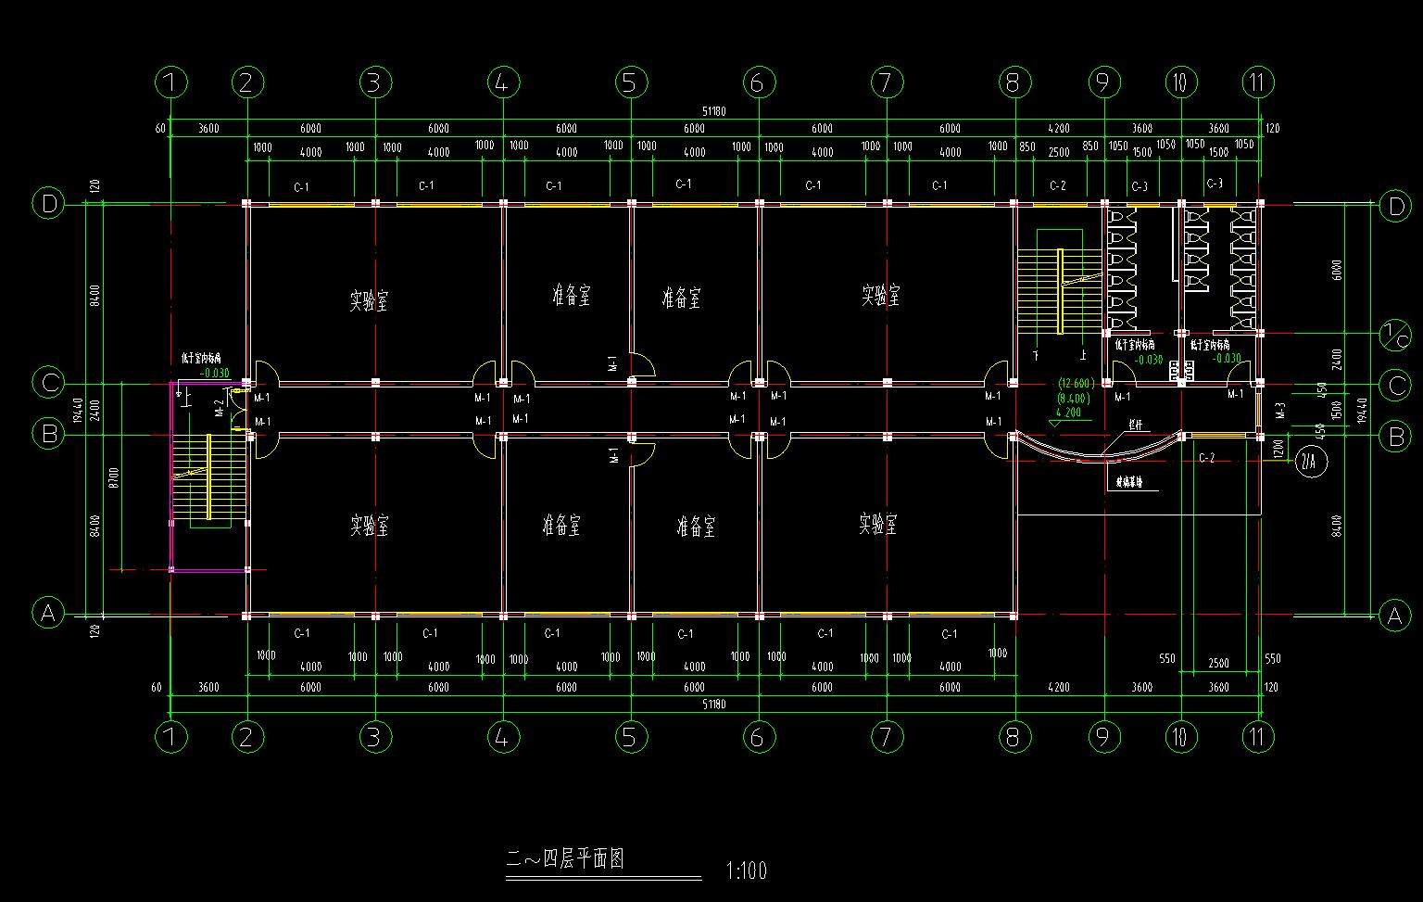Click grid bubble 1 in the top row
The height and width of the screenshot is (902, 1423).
pos(171,83)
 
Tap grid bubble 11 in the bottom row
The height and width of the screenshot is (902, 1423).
pos(1257,737)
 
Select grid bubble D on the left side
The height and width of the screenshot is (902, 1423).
pos(48,203)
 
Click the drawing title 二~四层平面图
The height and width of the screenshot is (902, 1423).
pos(565,859)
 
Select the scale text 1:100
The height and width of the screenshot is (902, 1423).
pos(747,871)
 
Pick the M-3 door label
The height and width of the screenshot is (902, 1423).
pos(1280,410)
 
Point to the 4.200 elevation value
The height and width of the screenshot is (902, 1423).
pos(1068,413)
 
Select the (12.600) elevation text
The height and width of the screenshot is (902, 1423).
pos(1075,383)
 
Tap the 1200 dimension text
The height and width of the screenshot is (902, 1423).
pos(1278,449)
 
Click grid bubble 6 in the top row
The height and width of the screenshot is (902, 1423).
pos(758,83)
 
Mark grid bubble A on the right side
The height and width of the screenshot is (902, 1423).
pos(1394,615)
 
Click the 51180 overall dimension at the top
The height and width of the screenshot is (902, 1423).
pos(713,111)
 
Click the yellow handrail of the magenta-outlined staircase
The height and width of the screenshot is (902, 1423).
pos(209,476)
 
